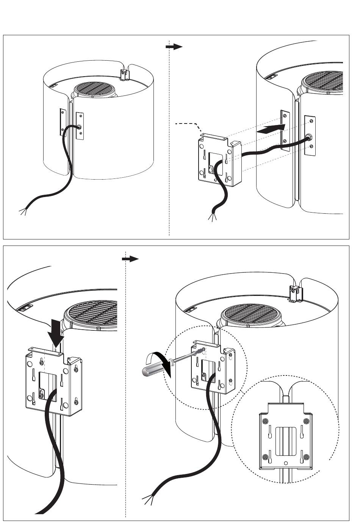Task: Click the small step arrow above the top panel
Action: coord(174,47)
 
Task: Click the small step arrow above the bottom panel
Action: coord(130,259)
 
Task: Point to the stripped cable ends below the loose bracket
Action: coord(211,217)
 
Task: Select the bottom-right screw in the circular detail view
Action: coord(306,457)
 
